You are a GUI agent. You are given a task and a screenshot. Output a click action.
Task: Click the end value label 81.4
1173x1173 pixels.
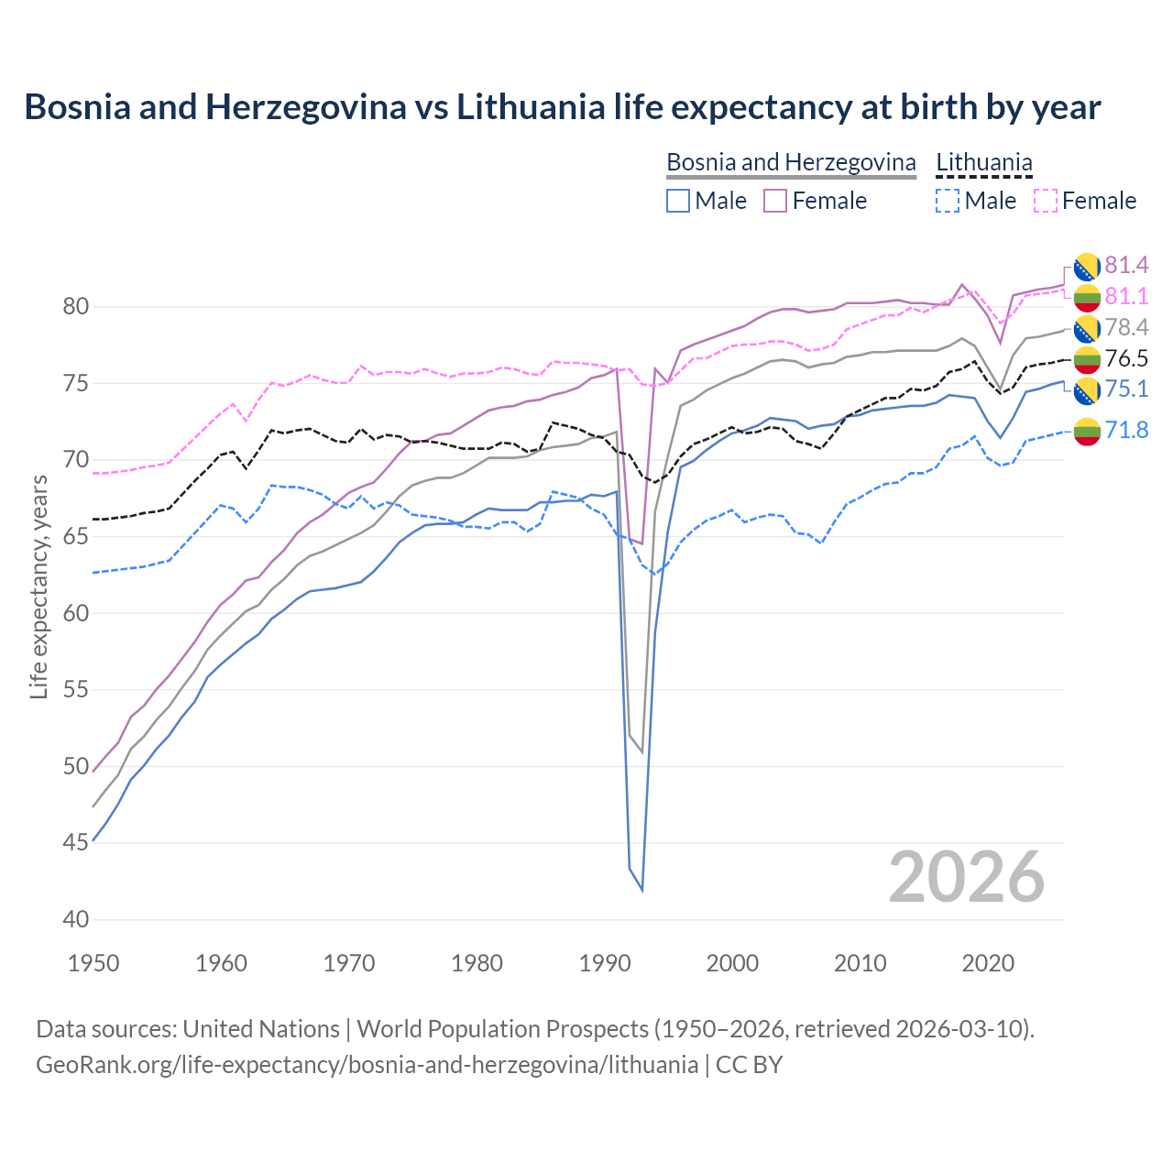[x=1126, y=266]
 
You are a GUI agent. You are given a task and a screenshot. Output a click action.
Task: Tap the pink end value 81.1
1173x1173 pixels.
[x=1126, y=297]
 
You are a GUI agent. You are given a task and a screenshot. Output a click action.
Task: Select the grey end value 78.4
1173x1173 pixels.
[x=1126, y=328]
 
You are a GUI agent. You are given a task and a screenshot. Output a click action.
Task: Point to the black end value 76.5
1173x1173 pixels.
[x=1126, y=358]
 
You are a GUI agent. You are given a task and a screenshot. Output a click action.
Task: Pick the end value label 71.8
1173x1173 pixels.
[x=1126, y=430]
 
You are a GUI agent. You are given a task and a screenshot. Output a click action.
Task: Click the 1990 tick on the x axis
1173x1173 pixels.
[x=605, y=963]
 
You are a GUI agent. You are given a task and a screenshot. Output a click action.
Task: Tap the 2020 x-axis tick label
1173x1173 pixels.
[x=989, y=963]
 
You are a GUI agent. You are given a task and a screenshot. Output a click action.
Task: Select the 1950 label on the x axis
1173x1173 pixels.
[x=93, y=963]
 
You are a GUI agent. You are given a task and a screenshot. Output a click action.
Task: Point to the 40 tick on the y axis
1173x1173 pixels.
[x=75, y=919]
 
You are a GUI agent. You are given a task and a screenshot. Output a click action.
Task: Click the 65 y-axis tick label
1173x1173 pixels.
[x=75, y=536]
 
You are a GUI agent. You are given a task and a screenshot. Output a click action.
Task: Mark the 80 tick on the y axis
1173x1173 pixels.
[x=75, y=306]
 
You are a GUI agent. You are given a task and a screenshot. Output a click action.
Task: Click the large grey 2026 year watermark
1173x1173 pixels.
[x=967, y=877]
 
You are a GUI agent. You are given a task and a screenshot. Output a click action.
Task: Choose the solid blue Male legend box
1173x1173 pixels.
[x=678, y=201]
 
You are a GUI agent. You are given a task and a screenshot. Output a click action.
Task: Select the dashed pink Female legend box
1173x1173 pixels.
[x=1046, y=201]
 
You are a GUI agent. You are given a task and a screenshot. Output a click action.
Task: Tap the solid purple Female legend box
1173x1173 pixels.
[x=775, y=201]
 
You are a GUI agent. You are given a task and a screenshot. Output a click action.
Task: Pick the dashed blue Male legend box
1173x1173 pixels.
[x=948, y=201]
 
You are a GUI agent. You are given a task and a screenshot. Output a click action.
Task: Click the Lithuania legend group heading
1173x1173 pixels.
[x=984, y=162]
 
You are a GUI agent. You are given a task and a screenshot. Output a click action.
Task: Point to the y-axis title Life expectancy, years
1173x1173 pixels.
[x=38, y=587]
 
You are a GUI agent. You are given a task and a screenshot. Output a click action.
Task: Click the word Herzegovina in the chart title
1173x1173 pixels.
[x=305, y=107]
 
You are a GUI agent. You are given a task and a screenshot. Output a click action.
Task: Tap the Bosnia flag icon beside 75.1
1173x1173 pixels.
[x=1087, y=390]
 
